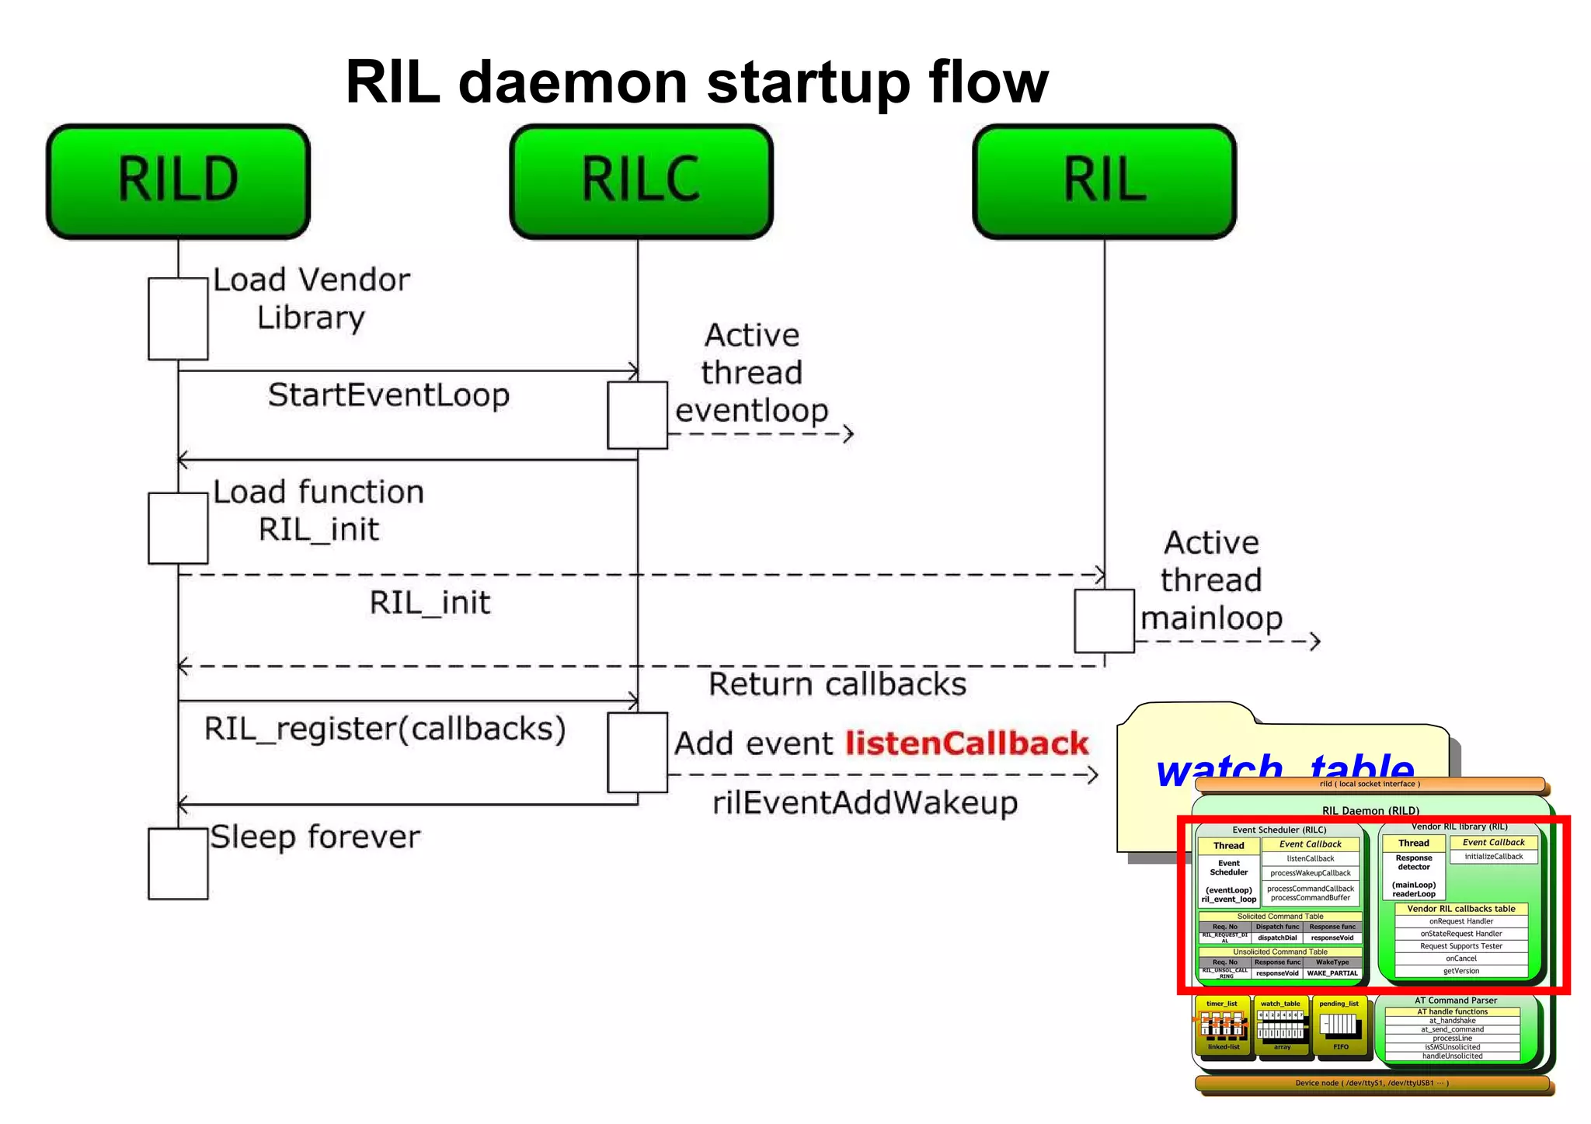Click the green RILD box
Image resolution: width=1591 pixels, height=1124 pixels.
coord(178,181)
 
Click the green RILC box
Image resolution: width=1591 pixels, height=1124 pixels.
coord(641,181)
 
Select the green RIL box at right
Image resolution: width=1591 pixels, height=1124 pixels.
coord(1104,181)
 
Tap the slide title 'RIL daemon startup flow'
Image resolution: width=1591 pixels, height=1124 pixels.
coord(696,82)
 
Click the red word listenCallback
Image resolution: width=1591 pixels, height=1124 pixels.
coord(966,743)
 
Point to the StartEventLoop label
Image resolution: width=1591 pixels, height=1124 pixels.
coord(388,395)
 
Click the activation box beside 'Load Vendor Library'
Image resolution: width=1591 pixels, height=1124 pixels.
coord(178,318)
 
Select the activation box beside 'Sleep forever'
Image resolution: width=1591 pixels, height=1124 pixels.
coord(178,863)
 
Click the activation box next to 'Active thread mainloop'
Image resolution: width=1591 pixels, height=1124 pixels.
coord(1104,621)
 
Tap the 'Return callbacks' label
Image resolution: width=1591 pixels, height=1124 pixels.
coord(837,684)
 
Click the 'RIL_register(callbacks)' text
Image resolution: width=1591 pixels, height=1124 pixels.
coord(385,729)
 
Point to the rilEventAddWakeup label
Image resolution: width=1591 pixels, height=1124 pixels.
coord(865,802)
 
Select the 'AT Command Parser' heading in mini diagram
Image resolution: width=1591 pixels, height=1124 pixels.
coord(1455,1000)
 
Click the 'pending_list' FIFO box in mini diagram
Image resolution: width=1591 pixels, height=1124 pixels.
coord(1339,1025)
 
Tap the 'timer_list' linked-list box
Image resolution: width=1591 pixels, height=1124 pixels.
coord(1223,1025)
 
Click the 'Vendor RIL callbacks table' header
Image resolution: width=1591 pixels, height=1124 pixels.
coord(1460,908)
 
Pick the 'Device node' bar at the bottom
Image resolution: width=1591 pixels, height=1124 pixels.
coord(1371,1083)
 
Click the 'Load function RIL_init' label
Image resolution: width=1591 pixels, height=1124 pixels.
coord(319,510)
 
